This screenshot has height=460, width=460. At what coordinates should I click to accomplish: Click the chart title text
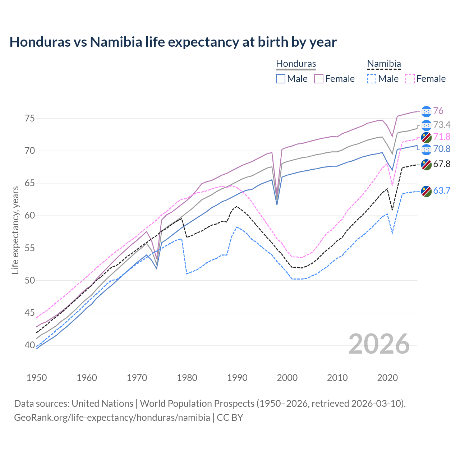173,42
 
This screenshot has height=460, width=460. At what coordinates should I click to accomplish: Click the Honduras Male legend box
281,79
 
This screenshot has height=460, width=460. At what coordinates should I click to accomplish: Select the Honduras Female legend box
319,79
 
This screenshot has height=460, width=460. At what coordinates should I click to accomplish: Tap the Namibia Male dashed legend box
372,79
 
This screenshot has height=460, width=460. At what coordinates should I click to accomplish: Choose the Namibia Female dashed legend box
410,79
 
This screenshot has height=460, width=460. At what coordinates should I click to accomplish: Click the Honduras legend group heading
296,64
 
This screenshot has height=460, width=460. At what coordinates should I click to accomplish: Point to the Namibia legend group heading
384,64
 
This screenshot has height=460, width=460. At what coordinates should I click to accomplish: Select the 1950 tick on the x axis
37,378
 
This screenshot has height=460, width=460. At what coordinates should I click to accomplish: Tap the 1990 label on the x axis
237,378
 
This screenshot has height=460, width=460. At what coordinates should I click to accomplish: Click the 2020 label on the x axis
387,378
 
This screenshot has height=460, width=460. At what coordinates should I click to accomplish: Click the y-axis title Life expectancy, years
15,230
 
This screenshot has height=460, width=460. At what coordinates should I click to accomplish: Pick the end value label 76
438,111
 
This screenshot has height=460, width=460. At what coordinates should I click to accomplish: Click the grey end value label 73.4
442,125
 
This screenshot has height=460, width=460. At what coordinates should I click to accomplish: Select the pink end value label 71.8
442,137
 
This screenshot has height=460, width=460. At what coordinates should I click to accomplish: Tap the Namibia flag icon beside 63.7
426,191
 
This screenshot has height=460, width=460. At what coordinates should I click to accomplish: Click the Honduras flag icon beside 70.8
426,149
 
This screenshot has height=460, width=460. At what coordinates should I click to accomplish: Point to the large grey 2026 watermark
379,344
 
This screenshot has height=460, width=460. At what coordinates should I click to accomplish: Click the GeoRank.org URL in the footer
112,418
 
